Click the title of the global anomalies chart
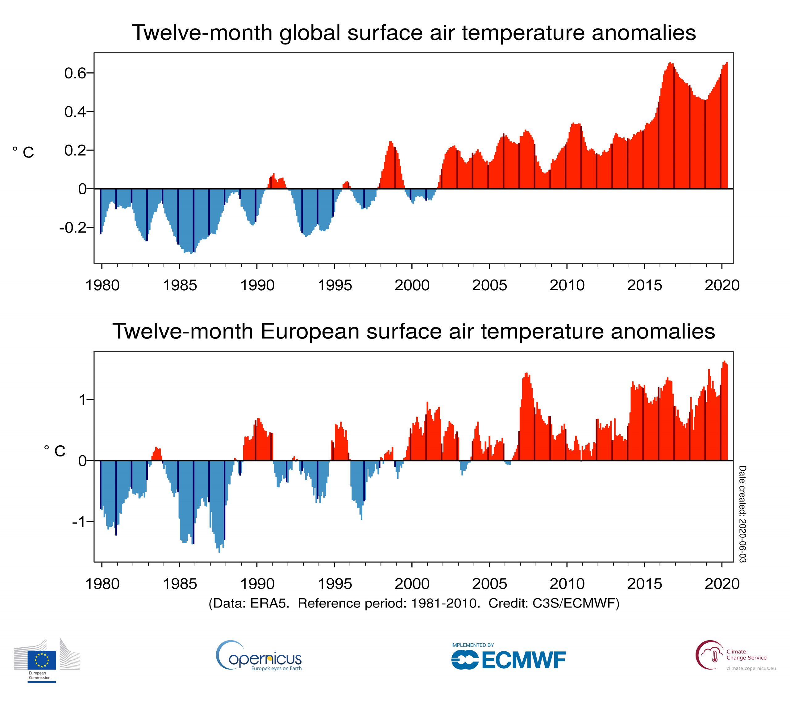pos(414,32)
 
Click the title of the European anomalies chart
pos(414,331)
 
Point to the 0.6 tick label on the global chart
pos(75,73)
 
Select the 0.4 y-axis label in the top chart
pos(75,112)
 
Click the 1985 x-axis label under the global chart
pos(180,285)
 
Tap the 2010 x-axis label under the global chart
pos(567,285)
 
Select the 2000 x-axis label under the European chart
pos(412,584)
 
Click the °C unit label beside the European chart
pos(55,451)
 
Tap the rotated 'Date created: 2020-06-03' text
pos(742,514)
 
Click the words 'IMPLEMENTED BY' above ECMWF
pos(472,645)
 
